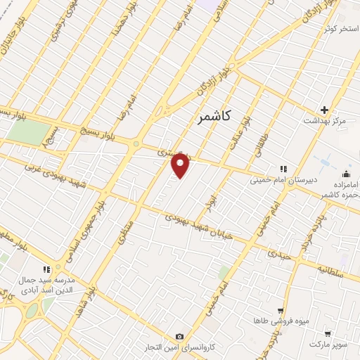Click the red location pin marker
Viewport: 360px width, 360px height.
click(x=181, y=165)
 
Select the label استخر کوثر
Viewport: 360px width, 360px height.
click(x=337, y=28)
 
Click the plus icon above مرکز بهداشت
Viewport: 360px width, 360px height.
click(x=324, y=110)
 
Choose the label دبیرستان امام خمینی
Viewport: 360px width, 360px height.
click(x=281, y=180)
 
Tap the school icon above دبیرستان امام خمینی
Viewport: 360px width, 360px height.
click(x=283, y=169)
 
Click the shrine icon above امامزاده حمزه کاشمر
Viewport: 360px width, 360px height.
click(x=345, y=174)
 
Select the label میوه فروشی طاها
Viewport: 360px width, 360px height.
click(x=282, y=321)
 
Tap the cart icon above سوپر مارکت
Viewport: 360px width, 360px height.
click(x=328, y=333)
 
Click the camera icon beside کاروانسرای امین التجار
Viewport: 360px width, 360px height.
click(x=180, y=337)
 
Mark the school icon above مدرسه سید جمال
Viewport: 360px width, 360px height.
click(x=47, y=269)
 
